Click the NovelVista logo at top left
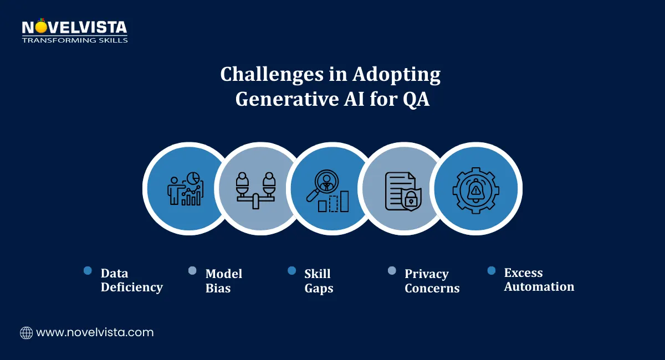[x=74, y=31]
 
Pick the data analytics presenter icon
[x=186, y=188]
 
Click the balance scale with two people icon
[x=255, y=189]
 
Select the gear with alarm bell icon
[x=475, y=189]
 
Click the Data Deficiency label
[x=131, y=280]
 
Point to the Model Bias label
[x=223, y=281]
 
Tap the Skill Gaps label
[x=319, y=281]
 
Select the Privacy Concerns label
[x=432, y=281]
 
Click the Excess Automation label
[x=539, y=280]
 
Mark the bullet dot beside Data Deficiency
[x=88, y=270]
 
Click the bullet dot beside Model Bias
[x=192, y=270]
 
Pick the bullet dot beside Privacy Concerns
[x=392, y=270]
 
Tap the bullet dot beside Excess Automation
[x=491, y=270]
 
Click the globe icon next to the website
[x=26, y=333]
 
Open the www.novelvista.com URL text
[x=95, y=333]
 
